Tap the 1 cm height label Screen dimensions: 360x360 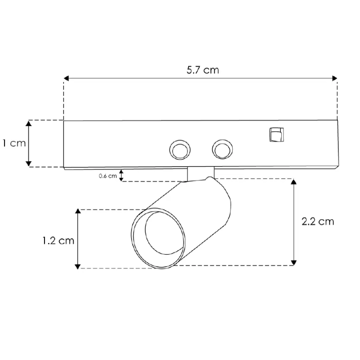(x=13, y=144)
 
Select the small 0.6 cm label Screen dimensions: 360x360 (x=108, y=176)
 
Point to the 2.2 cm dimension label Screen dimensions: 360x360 (x=319, y=221)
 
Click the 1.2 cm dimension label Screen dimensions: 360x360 (x=58, y=241)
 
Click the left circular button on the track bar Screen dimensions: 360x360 (x=179, y=149)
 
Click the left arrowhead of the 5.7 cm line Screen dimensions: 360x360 (x=66, y=78)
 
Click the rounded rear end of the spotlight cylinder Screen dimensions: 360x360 (x=223, y=198)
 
